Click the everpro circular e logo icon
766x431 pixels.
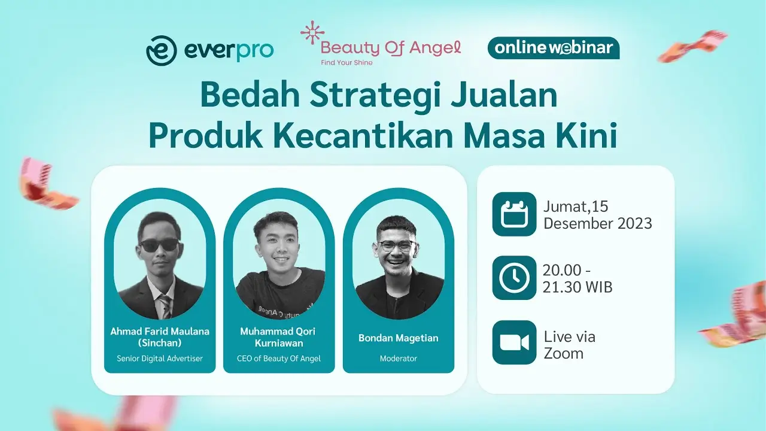[x=162, y=51]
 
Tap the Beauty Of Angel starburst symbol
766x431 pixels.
[x=312, y=32]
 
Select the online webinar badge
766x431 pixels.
[x=554, y=48]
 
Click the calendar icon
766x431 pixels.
[x=514, y=214]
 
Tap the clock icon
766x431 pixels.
[x=514, y=278]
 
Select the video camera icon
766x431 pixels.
[x=514, y=342]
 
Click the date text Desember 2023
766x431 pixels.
[x=598, y=223]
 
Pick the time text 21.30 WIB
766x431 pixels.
[x=577, y=287]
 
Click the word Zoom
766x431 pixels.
[x=564, y=353]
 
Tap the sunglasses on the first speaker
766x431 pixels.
[x=159, y=245]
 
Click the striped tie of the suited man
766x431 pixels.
[x=166, y=306]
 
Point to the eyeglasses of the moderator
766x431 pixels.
[x=397, y=245]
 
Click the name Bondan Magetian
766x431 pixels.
[x=399, y=338]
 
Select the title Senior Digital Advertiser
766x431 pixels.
[x=160, y=359]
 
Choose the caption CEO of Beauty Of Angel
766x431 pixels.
[x=279, y=359]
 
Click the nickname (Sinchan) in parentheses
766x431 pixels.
[x=160, y=343]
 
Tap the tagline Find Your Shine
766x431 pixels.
[x=346, y=63]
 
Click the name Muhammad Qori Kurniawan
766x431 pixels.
[x=278, y=337]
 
